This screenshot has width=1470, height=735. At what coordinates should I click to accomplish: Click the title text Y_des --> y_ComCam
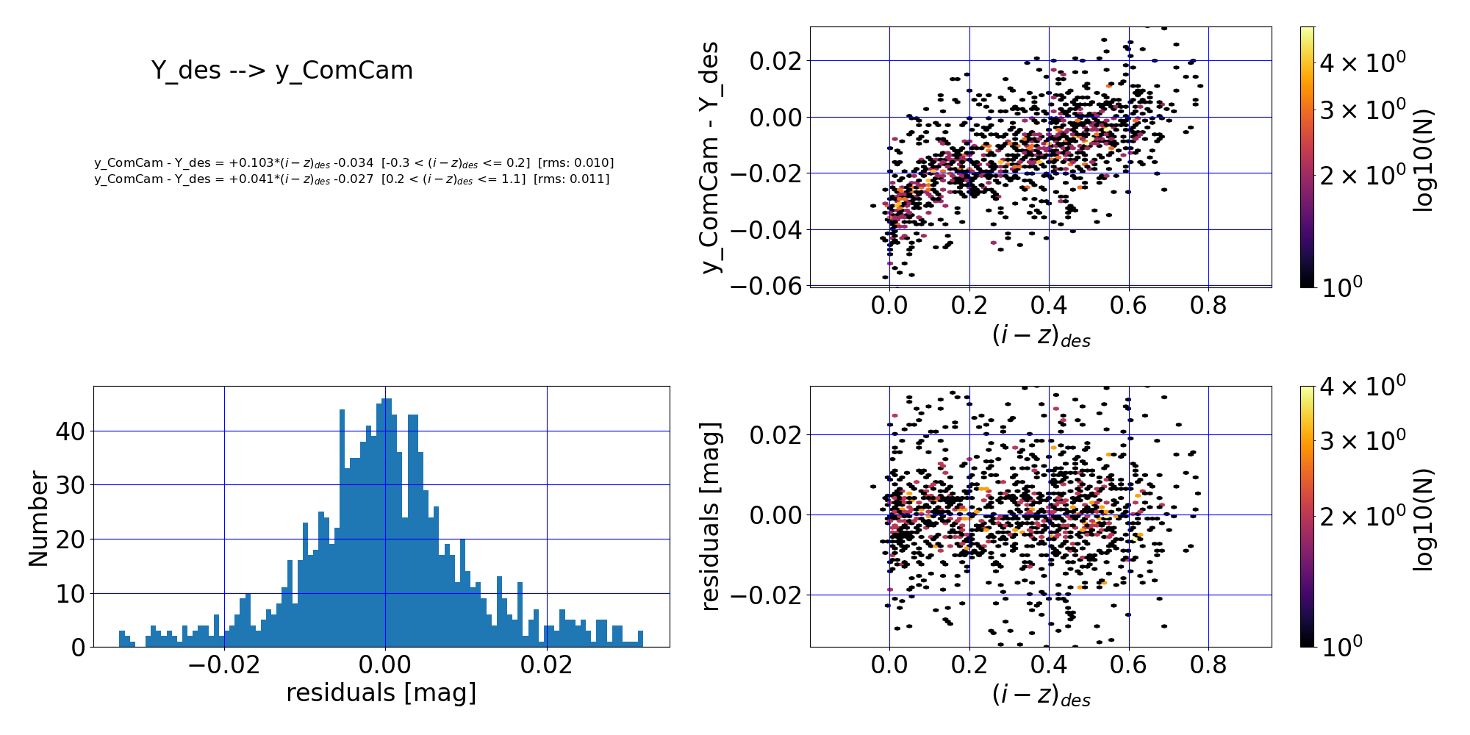coord(282,71)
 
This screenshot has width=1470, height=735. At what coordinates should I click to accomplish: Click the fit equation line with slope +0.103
coord(354,163)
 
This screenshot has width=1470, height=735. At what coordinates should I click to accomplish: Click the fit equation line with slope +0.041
coord(351,179)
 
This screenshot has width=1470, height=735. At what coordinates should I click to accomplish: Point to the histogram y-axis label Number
coord(38,519)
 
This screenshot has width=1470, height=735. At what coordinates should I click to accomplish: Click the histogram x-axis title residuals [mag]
coord(381,692)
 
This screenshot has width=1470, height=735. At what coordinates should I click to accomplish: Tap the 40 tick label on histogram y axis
coord(70,431)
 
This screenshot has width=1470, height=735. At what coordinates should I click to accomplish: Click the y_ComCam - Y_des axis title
coord(711,157)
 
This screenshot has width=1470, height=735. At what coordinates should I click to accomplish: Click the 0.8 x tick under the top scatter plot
coord(1208,305)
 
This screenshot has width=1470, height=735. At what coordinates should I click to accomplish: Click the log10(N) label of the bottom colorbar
coord(1423,519)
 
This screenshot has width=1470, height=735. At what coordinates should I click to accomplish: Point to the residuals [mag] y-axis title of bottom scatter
coord(710,516)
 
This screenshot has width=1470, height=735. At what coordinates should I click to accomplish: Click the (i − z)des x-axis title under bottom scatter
coord(1041,695)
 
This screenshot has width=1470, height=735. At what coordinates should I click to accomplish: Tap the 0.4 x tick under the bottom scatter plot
coord(1049,664)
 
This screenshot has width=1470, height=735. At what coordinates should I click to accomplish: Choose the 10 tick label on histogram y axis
coord(70,594)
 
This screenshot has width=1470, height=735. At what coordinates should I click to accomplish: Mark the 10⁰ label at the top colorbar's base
coord(1341,287)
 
